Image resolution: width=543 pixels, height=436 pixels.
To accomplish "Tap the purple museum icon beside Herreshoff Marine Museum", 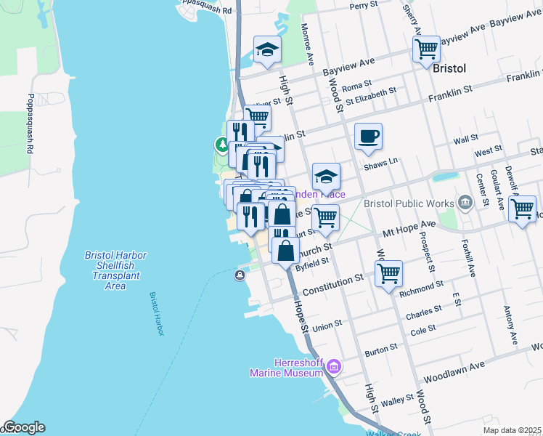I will click(x=333, y=366).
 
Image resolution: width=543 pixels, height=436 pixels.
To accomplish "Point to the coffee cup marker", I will click(x=368, y=136).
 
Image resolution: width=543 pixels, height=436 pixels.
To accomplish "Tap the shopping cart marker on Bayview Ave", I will click(x=426, y=49).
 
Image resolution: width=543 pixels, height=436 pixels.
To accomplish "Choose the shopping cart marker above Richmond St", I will click(x=389, y=274).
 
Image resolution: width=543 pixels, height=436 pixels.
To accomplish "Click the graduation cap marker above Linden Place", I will click(x=326, y=176).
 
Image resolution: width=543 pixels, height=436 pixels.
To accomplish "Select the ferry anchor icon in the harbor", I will click(x=240, y=275).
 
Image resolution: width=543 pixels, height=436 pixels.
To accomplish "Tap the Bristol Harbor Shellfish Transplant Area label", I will click(x=115, y=270).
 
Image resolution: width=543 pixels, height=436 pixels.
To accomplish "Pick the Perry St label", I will click(x=364, y=5).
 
